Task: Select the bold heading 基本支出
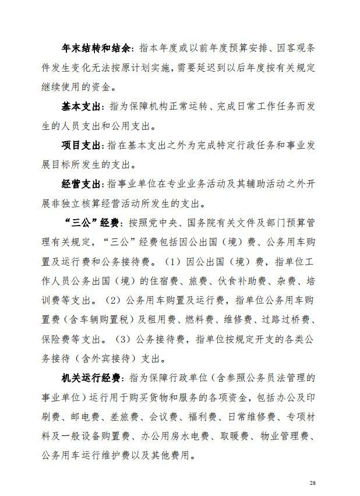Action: [x=82, y=107]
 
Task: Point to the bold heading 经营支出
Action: [x=82, y=184]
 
